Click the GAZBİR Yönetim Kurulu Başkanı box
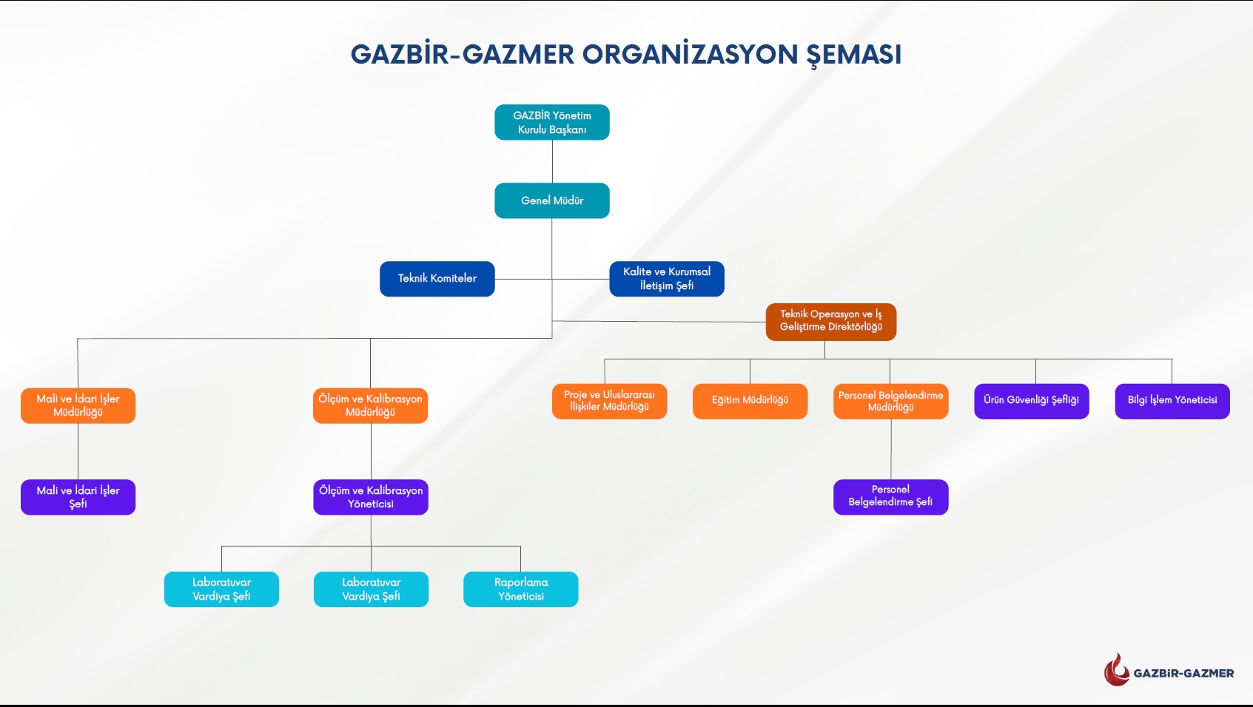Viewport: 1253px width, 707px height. point(552,122)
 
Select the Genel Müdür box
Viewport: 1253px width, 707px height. point(552,200)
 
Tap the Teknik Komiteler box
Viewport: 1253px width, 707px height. point(437,279)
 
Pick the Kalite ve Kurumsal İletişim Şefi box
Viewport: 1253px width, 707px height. point(667,279)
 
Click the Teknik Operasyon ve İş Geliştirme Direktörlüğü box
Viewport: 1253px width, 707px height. point(830,321)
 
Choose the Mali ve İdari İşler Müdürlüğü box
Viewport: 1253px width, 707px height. point(78,405)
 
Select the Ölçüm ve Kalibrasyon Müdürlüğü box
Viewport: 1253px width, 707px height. point(370,405)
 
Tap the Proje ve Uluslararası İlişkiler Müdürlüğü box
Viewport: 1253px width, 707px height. point(609,401)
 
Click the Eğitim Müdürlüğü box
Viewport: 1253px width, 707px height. point(750,401)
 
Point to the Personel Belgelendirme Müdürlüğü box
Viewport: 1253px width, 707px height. point(890,401)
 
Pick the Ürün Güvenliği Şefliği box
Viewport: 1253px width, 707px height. point(1031,401)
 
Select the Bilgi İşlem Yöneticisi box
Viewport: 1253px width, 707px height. point(1172,401)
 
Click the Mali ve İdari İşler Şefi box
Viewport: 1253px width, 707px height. point(78,497)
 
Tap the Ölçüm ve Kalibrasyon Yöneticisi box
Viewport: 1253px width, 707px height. point(371,497)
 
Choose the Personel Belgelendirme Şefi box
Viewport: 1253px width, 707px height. point(890,496)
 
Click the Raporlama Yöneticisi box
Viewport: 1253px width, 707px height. point(520,589)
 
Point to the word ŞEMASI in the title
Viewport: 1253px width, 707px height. point(853,55)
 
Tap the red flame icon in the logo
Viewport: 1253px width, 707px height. point(1116,670)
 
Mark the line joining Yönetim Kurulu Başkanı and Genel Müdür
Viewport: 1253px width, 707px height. point(552,161)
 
